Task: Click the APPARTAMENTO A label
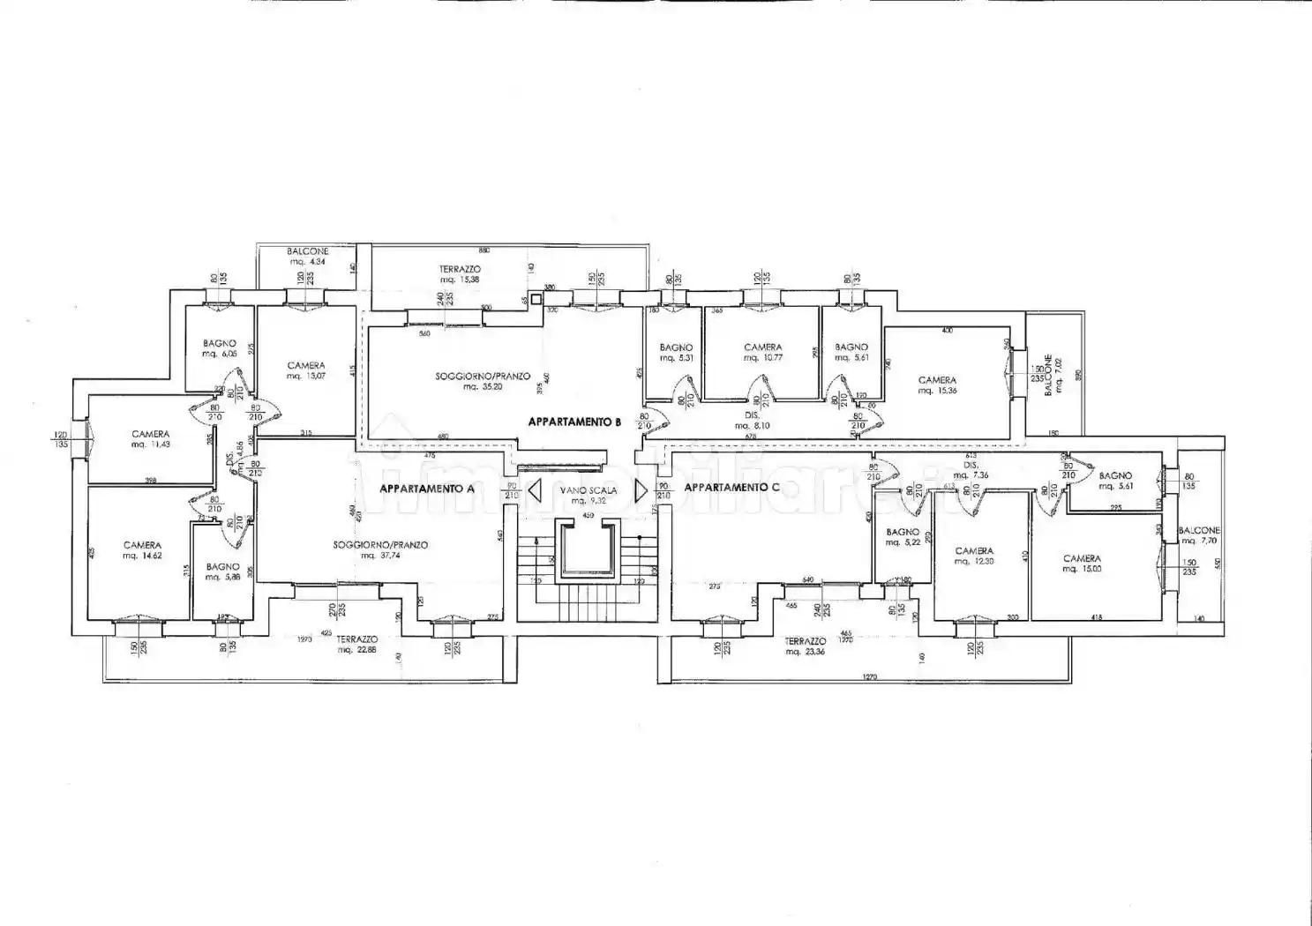click(427, 488)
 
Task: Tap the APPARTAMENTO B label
click(574, 422)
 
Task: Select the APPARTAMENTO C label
click(731, 487)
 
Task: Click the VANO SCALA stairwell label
click(588, 490)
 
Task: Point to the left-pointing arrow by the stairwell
click(534, 489)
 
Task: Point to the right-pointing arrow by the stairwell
click(641, 489)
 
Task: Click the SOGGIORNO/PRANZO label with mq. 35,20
click(483, 377)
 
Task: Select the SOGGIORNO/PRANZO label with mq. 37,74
click(380, 545)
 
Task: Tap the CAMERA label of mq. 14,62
click(142, 545)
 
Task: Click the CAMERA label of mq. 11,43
click(151, 434)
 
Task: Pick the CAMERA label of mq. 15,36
click(937, 380)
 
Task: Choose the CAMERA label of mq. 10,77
click(762, 347)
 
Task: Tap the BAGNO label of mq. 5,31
click(676, 347)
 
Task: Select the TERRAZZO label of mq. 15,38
click(460, 269)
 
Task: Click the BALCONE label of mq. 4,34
click(308, 251)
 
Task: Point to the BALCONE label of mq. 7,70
click(1199, 531)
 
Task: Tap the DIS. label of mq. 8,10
click(752, 414)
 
